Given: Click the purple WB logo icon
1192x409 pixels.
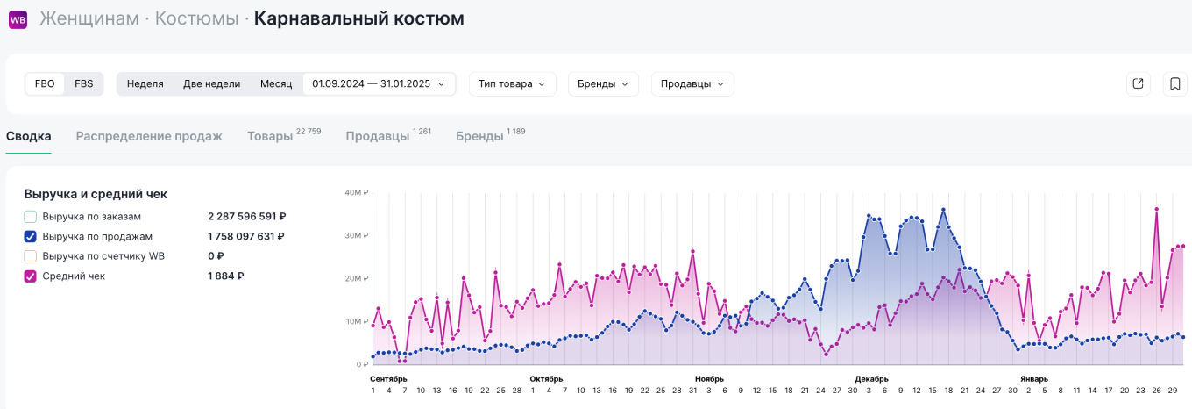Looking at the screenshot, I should click(x=18, y=19).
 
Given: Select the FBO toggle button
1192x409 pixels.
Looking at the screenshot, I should click(x=45, y=84).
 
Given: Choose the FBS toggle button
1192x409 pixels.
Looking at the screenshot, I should click(x=83, y=84).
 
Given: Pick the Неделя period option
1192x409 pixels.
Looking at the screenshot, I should click(x=145, y=84).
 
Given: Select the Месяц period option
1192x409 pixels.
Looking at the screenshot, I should click(x=276, y=84).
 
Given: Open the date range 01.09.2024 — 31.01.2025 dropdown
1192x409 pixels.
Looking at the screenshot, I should click(x=379, y=84).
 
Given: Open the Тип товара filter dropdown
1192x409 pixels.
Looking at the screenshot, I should click(x=512, y=84).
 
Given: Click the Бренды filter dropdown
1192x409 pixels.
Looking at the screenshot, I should click(x=603, y=84).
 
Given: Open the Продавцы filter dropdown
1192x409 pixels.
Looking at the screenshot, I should click(x=692, y=84).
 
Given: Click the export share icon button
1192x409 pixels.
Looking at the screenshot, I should click(x=1138, y=84).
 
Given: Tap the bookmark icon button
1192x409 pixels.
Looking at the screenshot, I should click(x=1174, y=84).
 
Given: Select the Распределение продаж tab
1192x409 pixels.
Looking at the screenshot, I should click(x=149, y=136).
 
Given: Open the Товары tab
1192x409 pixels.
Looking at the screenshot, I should click(x=270, y=136).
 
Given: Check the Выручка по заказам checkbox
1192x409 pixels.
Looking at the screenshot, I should click(x=31, y=216).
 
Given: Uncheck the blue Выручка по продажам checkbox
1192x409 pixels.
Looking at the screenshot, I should click(x=31, y=236).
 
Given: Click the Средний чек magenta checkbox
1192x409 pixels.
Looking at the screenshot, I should click(x=31, y=276).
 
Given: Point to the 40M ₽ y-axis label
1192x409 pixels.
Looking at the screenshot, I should click(x=356, y=193).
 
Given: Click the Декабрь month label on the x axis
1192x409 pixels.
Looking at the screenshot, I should click(x=871, y=379).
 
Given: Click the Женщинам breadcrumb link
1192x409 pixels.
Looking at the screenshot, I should click(x=89, y=18).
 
